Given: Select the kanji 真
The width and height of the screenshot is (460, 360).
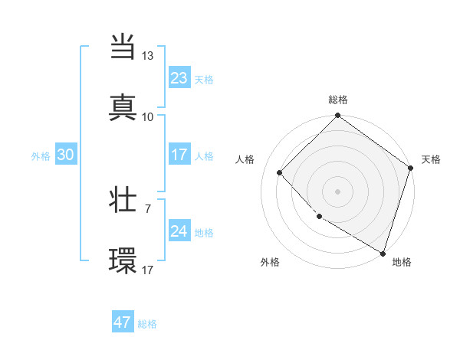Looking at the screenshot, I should coord(123,107).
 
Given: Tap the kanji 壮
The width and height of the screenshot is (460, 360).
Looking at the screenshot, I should coord(123,201).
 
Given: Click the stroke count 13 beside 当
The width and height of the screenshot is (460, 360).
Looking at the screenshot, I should coord(148,57).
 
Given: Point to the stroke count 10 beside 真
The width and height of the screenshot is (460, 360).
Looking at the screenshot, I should coord(148,116).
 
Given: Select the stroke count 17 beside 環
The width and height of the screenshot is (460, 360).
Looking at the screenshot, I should coord(148,269).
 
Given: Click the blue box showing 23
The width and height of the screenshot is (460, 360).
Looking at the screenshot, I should coord(179,78).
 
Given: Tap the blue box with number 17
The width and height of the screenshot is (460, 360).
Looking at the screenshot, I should coord(179,155).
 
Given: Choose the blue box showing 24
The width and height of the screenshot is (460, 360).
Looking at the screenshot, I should coord(179,231).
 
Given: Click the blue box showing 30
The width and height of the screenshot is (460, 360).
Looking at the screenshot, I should coord(66,155).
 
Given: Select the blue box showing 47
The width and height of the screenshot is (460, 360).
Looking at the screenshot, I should coord(123,322).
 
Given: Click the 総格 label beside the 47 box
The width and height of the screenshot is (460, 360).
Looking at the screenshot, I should coord(147,324).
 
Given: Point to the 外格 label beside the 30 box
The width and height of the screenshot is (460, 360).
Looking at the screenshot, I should coord(41,155).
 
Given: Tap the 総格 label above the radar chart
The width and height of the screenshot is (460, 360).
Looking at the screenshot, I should coord(337,100).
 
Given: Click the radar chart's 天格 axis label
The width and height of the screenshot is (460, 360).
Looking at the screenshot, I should coord(431,159).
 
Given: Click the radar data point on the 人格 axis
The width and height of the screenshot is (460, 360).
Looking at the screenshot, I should coord(280,172).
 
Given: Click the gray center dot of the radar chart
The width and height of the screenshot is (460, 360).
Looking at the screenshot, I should coord(337,191).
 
